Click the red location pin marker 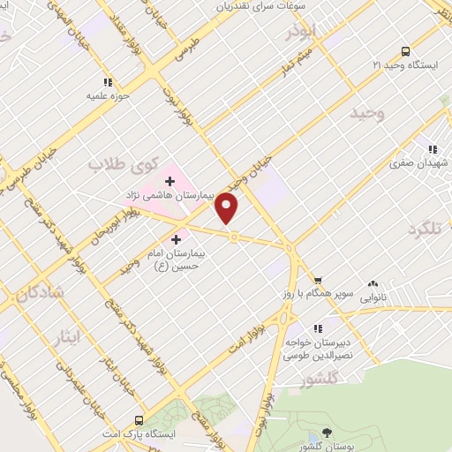click(x=228, y=207)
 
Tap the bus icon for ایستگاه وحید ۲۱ click(x=405, y=50)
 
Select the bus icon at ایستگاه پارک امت click(x=138, y=420)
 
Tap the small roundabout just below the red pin click(x=234, y=236)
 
